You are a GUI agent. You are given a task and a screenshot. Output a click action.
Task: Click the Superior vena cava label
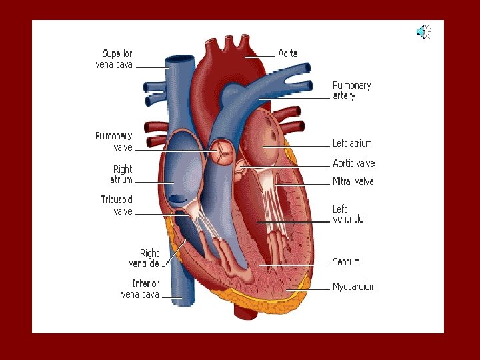pyautogui.click(x=117, y=59)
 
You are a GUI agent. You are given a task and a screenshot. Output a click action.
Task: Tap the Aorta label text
pyautogui.click(x=288, y=53)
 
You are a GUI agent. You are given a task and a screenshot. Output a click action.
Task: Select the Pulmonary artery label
pyautogui.click(x=351, y=90)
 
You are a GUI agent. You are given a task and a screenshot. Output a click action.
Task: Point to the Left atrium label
pyautogui.click(x=352, y=143)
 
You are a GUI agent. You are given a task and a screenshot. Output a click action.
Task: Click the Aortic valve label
pyautogui.click(x=353, y=163)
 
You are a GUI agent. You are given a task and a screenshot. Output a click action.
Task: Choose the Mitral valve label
pyautogui.click(x=353, y=181)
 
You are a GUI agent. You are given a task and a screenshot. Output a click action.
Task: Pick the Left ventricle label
pyautogui.click(x=348, y=214)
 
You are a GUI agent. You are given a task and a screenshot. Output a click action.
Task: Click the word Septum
pyautogui.click(x=346, y=262)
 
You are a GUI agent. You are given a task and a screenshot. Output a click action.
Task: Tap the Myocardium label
pyautogui.click(x=354, y=287)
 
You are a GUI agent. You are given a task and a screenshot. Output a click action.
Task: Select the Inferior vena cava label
pyautogui.click(x=141, y=289)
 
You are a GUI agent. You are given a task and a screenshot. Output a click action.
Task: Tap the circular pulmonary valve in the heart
pyautogui.click(x=222, y=151)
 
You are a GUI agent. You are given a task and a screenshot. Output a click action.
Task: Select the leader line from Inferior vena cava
pyautogui.click(x=173, y=297)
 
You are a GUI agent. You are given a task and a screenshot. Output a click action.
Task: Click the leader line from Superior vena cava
pyautogui.click(x=153, y=67)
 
